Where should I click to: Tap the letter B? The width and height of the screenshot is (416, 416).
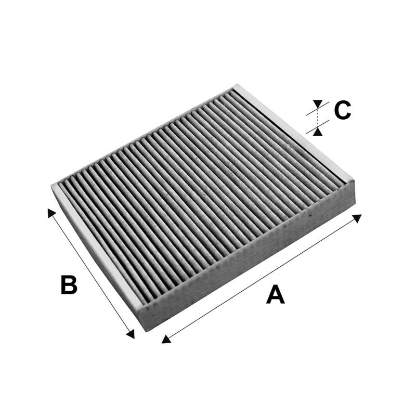click(x=69, y=284)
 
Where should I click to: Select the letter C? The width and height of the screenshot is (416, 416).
click(x=343, y=110)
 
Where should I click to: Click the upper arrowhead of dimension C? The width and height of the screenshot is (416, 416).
click(x=318, y=103)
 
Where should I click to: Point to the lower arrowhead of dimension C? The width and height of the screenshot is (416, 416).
click(x=318, y=132)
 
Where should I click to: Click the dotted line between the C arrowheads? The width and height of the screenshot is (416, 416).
click(x=318, y=118)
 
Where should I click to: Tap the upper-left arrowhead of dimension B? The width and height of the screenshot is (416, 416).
click(x=51, y=213)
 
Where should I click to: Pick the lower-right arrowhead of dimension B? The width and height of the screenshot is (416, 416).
click(x=131, y=334)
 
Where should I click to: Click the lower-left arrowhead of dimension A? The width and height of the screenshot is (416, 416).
click(x=166, y=340)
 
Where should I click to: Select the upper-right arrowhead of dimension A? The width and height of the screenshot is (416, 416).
click(x=357, y=218)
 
